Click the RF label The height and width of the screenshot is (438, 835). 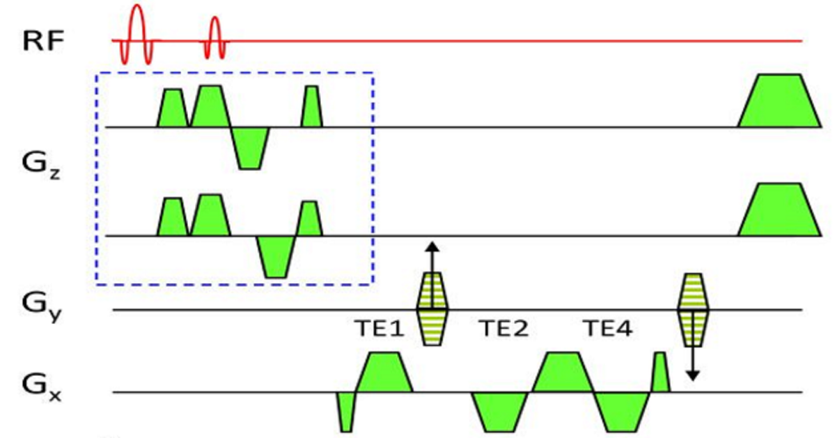43,41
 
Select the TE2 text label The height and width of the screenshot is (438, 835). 504,328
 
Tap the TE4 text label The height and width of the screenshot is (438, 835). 608,328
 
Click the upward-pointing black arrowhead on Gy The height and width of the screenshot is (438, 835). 432,247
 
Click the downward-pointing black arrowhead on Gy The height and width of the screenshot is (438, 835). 693,376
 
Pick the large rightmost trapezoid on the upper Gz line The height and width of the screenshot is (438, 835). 779,102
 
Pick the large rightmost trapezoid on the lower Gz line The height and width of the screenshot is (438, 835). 779,211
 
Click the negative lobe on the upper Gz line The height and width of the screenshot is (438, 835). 249,147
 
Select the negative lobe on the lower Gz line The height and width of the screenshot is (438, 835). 276,256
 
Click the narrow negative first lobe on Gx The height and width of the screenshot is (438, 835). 346,411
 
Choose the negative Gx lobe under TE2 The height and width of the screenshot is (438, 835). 499,411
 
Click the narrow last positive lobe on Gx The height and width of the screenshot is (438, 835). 660,373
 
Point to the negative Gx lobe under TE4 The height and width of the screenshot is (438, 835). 621,411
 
